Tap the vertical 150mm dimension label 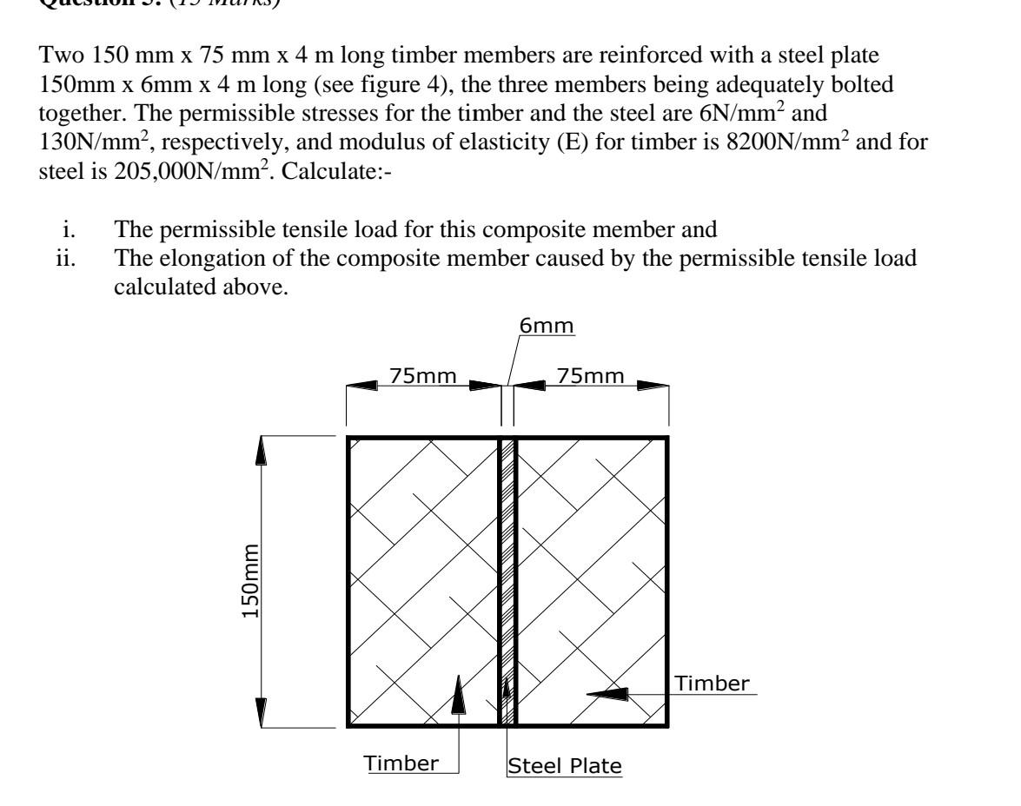coord(249,582)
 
